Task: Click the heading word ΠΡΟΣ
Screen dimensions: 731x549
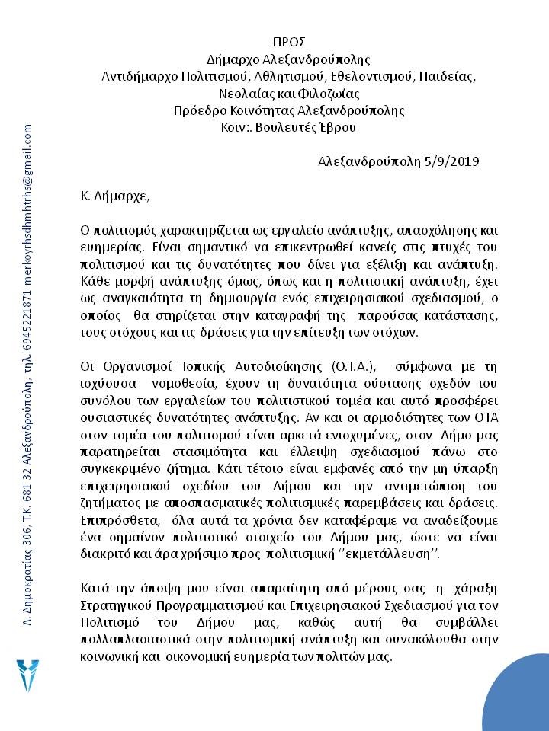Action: tap(288, 41)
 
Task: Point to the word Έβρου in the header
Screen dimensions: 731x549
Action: tap(335, 128)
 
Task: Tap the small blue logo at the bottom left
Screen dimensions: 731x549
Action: tap(29, 676)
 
